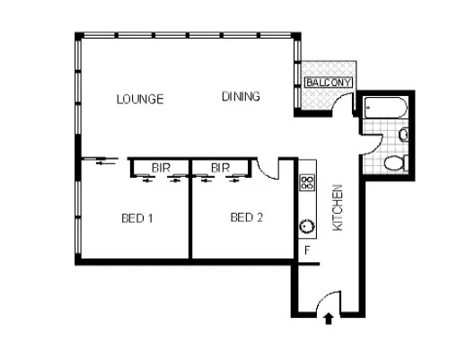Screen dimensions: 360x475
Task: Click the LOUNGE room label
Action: [140, 99]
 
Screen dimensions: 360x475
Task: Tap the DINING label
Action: [241, 97]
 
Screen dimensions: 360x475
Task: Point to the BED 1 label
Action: [138, 217]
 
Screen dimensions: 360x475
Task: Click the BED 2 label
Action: [247, 217]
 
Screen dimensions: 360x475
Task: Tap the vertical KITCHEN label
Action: [339, 207]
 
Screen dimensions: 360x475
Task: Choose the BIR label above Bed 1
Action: [162, 167]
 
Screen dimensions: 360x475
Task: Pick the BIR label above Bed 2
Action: [221, 167]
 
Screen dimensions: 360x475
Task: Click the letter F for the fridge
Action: [308, 250]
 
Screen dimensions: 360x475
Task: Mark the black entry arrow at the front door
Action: [327, 317]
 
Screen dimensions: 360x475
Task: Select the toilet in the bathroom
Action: [397, 163]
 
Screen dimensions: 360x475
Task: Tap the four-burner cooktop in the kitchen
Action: [307, 182]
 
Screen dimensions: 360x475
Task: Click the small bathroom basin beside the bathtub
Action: [403, 135]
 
